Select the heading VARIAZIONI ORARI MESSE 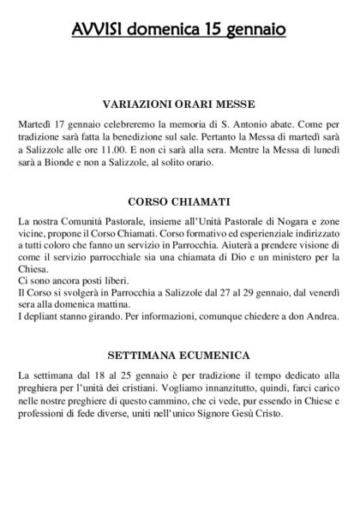pyautogui.click(x=179, y=104)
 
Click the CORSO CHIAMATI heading pyautogui.click(x=179, y=204)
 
